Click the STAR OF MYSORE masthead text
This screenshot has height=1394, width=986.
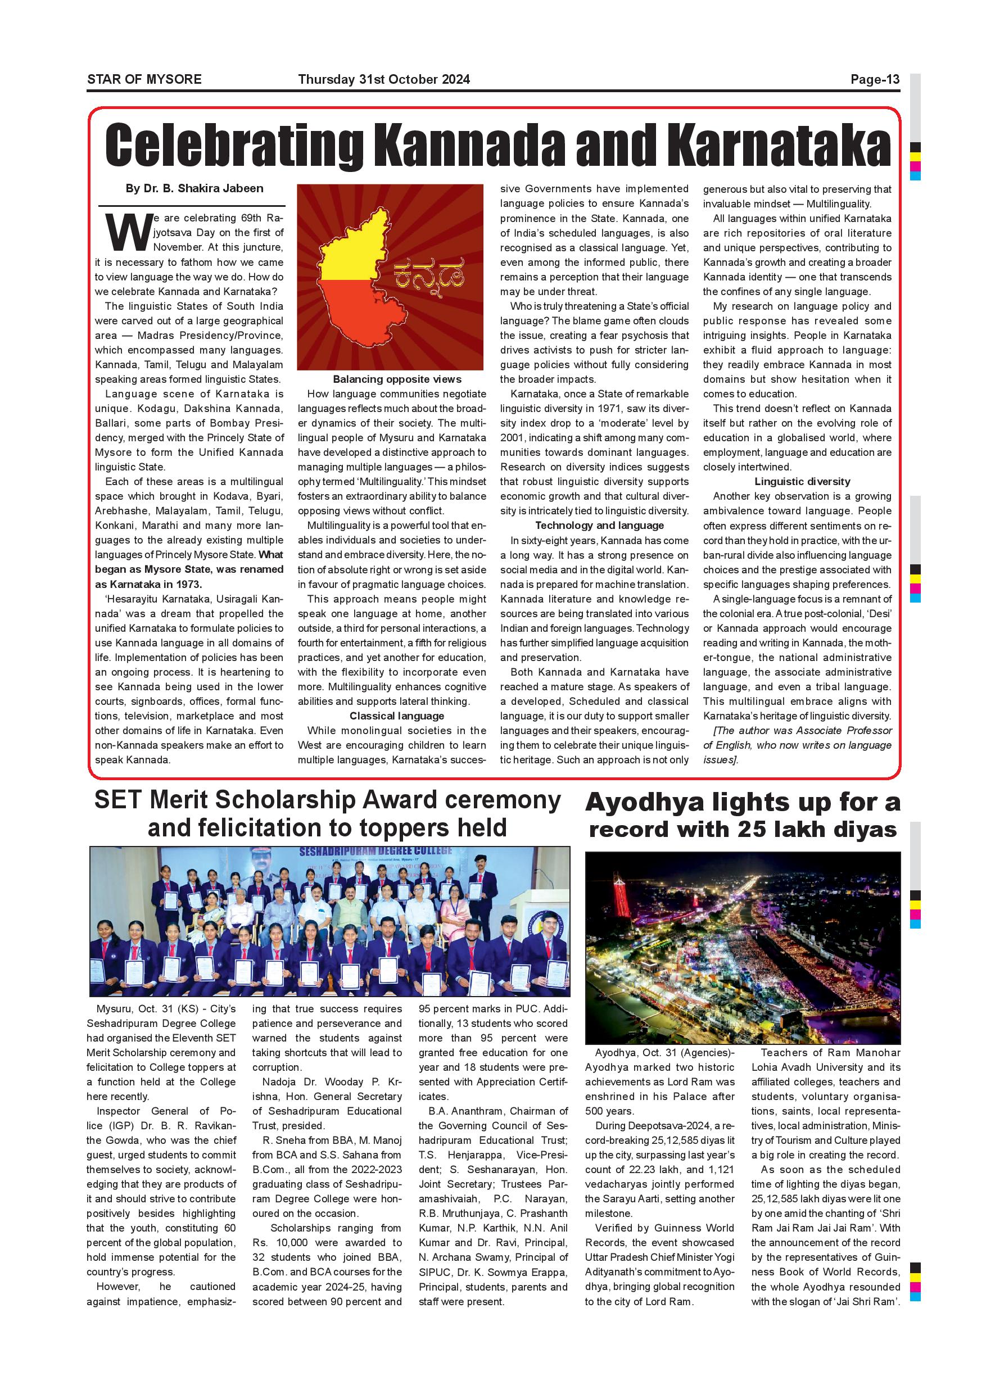144,79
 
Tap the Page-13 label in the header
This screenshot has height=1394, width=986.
874,79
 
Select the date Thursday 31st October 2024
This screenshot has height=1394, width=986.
384,79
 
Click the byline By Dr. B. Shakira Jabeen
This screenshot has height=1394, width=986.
195,189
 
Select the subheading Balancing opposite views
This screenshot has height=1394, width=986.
397,379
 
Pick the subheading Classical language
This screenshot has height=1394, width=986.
396,716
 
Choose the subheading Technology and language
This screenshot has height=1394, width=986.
599,526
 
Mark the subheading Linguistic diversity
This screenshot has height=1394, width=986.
802,482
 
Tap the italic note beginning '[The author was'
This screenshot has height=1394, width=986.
797,745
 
